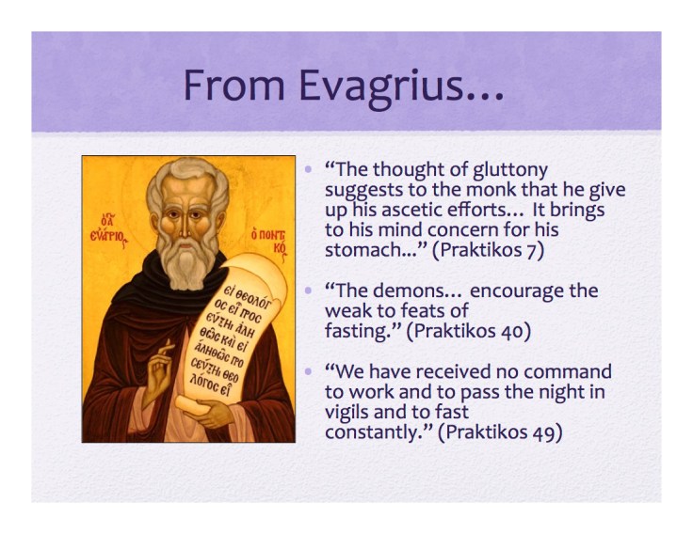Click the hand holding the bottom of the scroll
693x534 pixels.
pos(217,412)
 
